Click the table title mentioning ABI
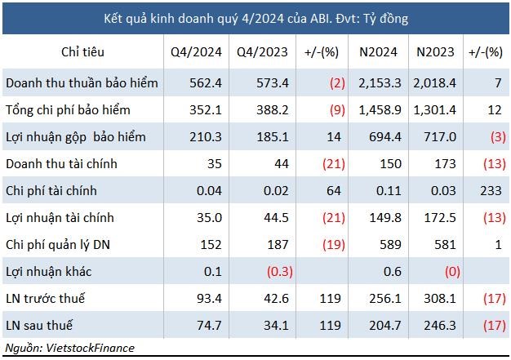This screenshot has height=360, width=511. (255, 17)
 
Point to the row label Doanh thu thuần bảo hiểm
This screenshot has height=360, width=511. (82, 83)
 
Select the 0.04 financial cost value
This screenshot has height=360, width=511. (208, 191)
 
